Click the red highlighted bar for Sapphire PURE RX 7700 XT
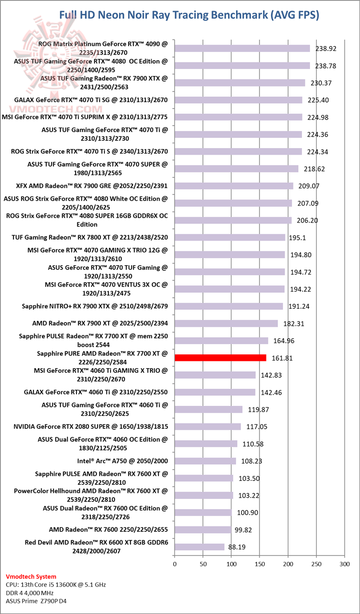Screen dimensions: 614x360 click(220, 357)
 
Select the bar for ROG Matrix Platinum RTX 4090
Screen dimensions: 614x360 click(242, 49)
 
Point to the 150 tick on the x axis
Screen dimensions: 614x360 click(259, 564)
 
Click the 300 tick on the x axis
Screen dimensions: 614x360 click(344, 564)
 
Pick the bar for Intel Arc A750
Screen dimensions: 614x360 click(205, 461)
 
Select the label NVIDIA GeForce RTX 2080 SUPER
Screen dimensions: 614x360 click(90, 427)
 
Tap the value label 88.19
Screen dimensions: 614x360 click(237, 547)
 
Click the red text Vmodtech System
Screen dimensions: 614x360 click(31, 576)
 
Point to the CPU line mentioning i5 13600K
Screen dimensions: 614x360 click(55, 584)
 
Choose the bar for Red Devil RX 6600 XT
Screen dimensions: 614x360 click(199, 547)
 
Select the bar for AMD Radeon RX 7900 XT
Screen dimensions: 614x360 click(226, 323)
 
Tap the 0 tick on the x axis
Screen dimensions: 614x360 click(174, 564)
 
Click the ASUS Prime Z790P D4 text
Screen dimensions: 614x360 click(35, 600)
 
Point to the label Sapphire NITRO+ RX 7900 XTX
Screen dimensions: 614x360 click(94, 306)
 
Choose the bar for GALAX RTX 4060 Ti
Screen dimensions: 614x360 click(215, 392)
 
